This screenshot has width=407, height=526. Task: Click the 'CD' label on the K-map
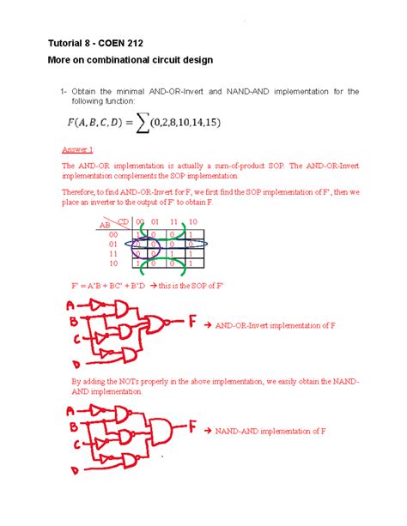(121, 221)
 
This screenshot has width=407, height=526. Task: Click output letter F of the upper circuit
(192, 324)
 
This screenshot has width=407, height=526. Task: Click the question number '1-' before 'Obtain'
(64, 91)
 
